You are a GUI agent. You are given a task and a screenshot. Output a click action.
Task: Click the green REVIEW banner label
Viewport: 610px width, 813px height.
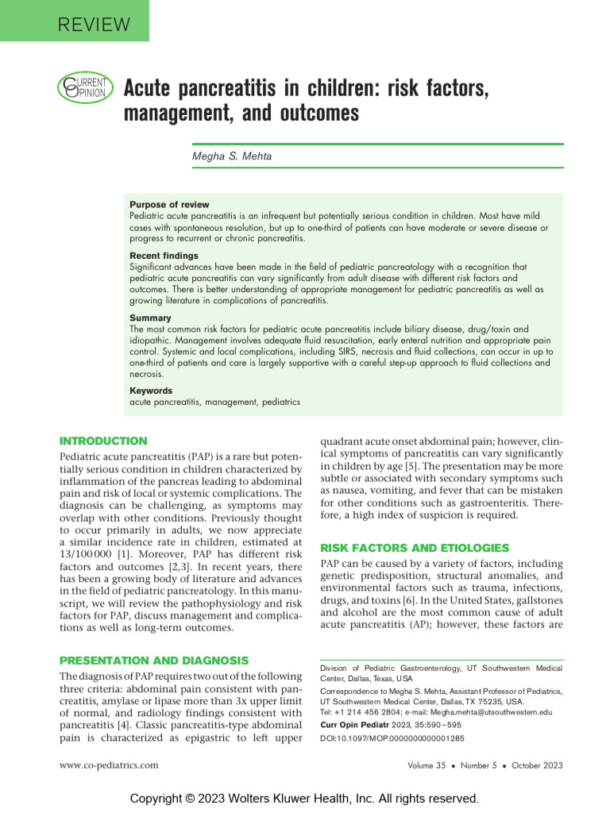tap(94, 24)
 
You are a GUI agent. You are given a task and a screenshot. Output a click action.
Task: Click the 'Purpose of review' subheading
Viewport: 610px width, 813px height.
tap(169, 204)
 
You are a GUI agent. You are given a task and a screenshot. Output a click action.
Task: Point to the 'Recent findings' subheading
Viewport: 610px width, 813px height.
tap(164, 256)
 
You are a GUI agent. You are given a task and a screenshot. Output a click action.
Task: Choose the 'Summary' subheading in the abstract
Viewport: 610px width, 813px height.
tap(150, 318)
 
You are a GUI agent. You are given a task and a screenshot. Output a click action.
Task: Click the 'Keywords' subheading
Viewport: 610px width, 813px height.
tap(151, 391)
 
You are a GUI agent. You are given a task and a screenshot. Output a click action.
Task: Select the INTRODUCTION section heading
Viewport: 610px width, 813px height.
tap(104, 441)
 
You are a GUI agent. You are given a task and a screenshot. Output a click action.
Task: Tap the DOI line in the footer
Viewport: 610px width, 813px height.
tap(392, 738)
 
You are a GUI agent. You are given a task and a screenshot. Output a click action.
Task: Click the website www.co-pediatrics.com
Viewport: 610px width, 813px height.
tap(109, 765)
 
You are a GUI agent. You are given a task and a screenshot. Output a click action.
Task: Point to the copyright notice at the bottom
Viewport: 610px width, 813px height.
tap(305, 797)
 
